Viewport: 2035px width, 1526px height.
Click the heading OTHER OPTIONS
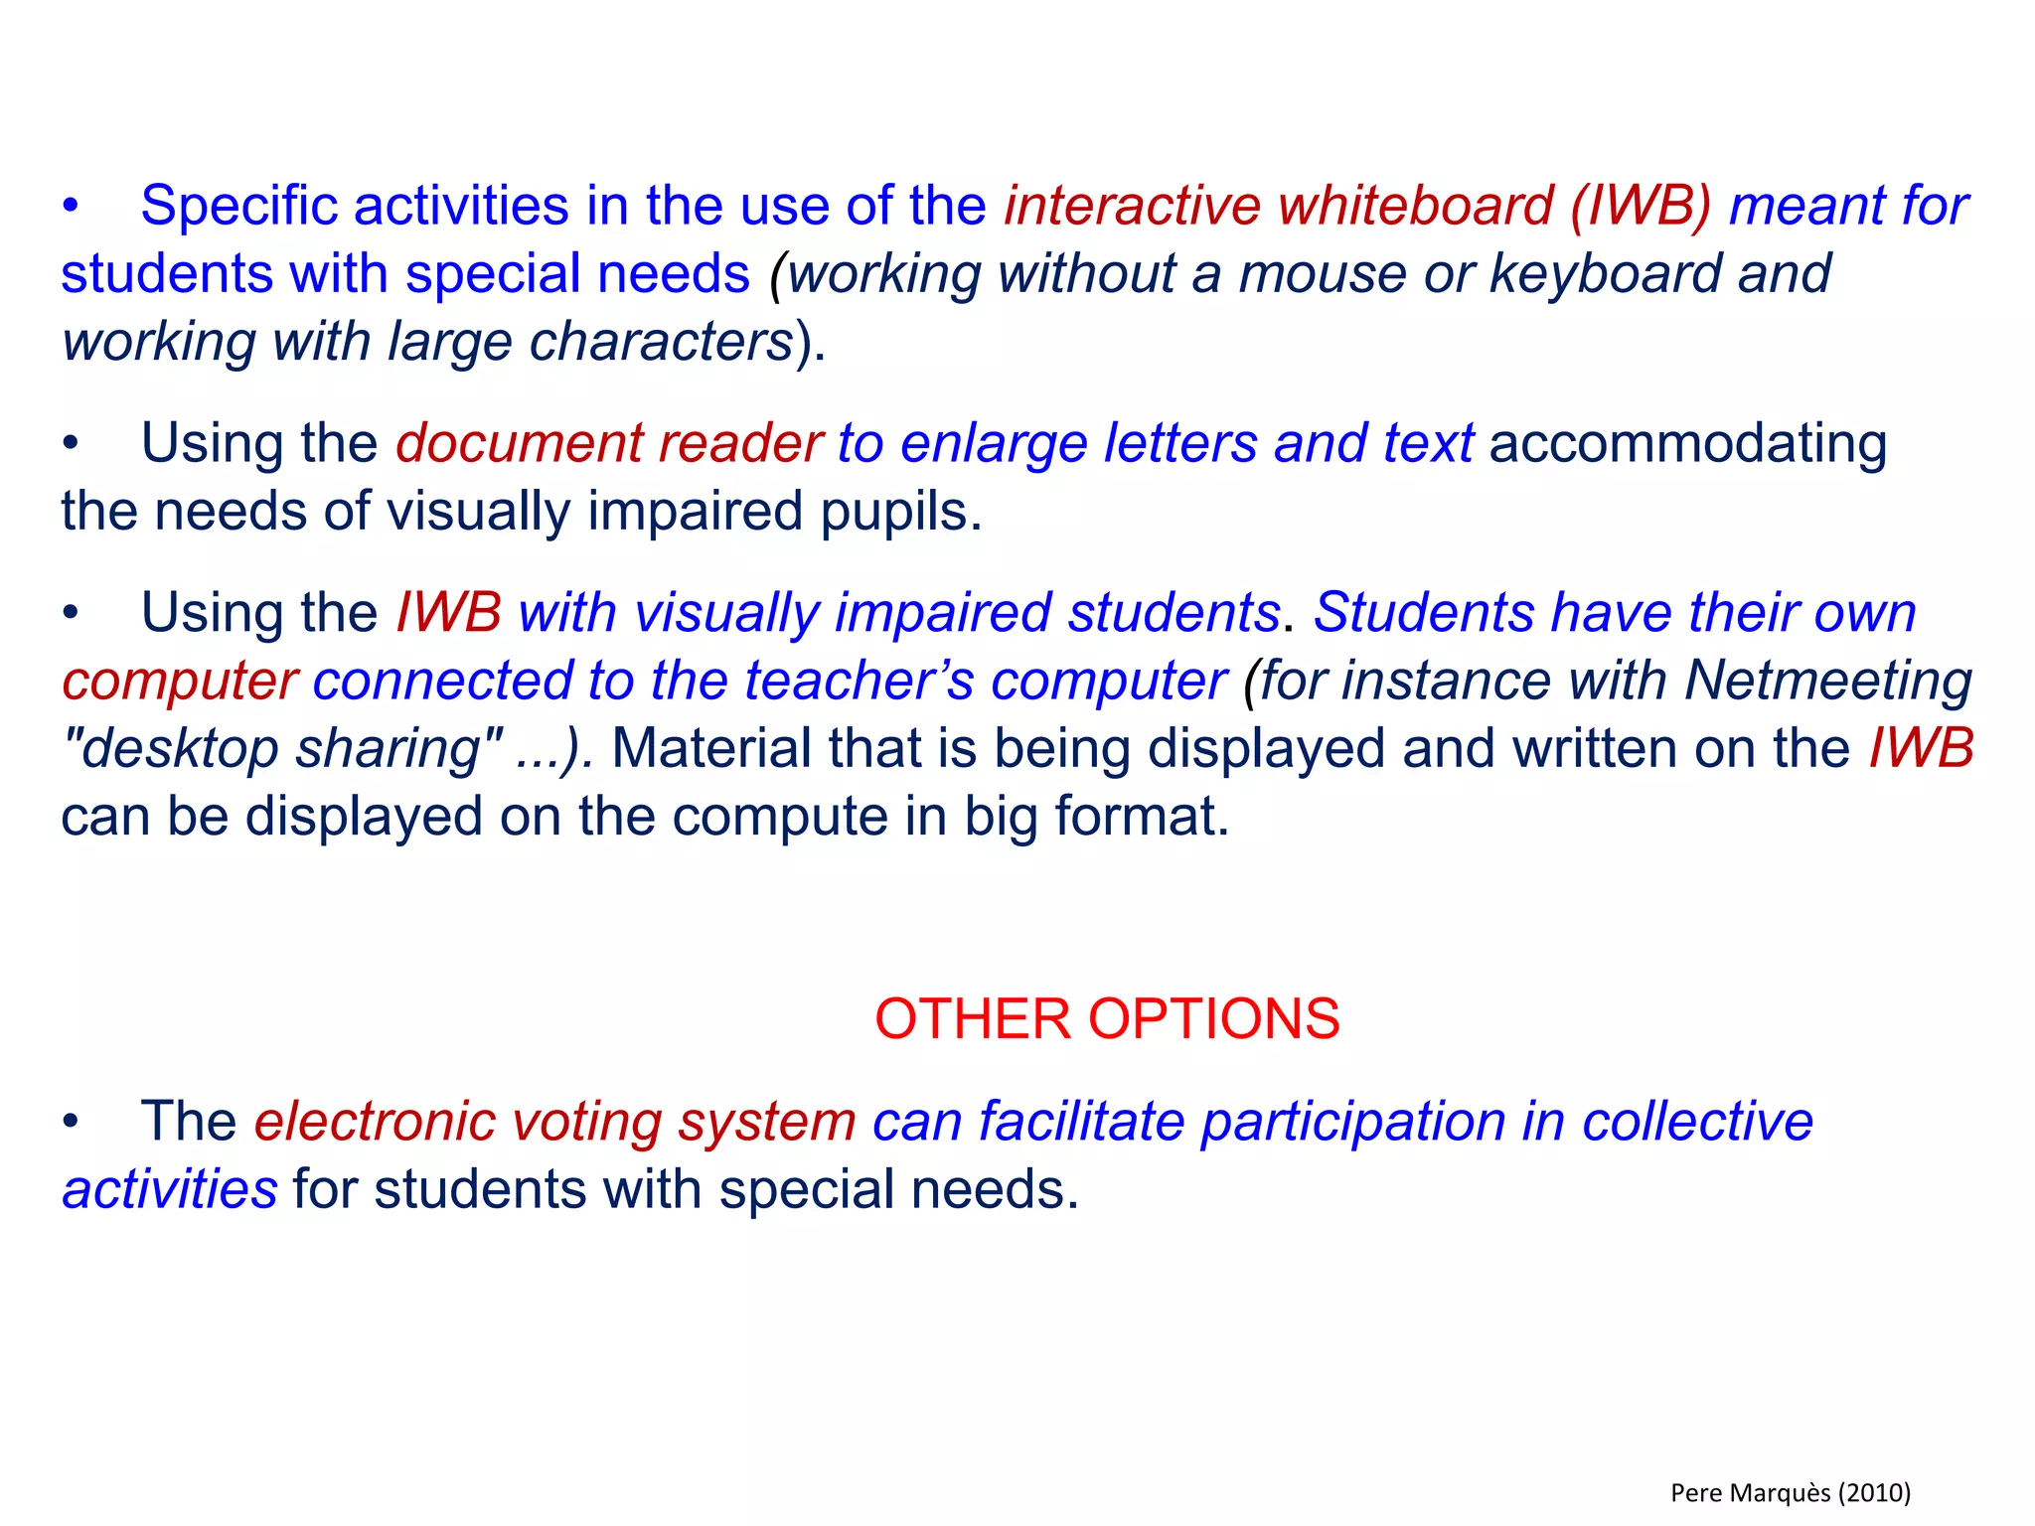click(x=1106, y=1019)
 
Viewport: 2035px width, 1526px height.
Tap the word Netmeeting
click(x=1827, y=682)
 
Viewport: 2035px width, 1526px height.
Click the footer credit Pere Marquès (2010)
click(x=1791, y=1492)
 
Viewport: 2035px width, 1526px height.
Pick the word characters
click(x=660, y=342)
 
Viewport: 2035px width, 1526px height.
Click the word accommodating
click(x=1687, y=444)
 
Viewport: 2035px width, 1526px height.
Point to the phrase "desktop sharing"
click(x=282, y=749)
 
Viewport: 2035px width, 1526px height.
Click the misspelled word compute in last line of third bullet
click(x=782, y=818)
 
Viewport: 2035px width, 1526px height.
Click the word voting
click(x=586, y=1123)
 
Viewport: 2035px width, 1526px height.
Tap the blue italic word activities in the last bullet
click(x=169, y=1190)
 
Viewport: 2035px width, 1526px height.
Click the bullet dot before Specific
click(x=70, y=208)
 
